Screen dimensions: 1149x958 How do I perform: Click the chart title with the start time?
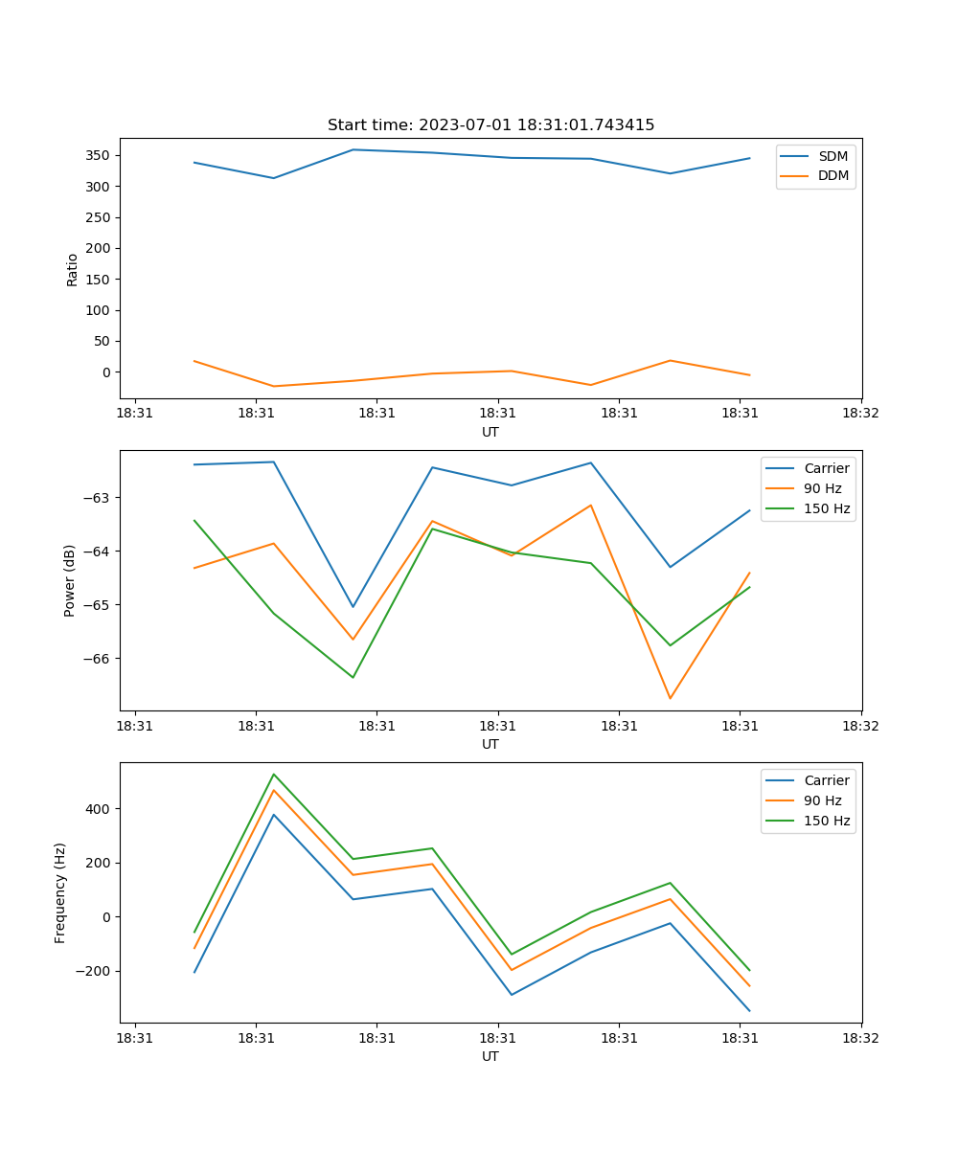490,125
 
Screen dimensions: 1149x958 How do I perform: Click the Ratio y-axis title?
73,269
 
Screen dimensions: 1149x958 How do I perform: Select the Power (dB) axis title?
70,580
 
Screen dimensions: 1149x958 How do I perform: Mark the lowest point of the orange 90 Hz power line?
670,698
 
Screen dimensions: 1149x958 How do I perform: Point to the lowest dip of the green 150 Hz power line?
353,677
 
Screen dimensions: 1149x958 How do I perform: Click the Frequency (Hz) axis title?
60,892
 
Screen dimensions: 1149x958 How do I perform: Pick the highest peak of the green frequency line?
274,775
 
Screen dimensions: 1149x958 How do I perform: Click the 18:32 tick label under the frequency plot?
861,1037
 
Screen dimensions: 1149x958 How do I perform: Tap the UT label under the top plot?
490,432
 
